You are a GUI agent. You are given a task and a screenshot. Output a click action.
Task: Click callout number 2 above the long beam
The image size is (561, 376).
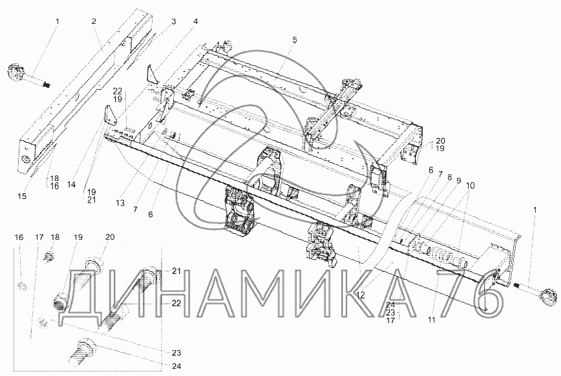(x=94, y=22)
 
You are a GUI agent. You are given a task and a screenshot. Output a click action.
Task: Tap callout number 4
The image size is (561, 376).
(x=195, y=22)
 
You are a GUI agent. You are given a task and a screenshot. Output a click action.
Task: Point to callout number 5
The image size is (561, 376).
(x=294, y=40)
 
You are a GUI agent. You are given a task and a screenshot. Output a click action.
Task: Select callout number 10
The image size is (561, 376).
(x=470, y=185)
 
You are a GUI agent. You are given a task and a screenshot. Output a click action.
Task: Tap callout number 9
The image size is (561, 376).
(x=458, y=182)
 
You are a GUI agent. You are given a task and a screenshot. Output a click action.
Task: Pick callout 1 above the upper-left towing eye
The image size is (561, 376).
(x=57, y=22)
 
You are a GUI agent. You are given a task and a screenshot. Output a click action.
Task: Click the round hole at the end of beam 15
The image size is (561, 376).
(x=27, y=159)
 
